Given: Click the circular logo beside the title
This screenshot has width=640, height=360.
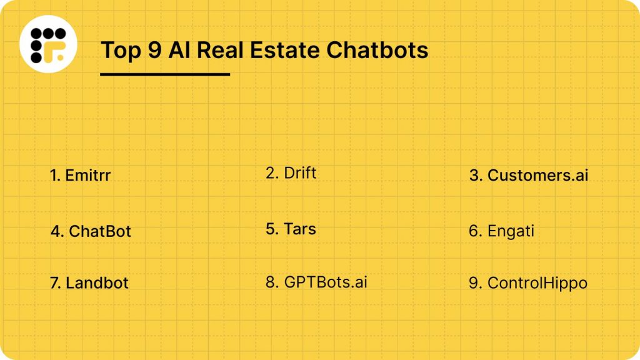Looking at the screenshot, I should click(48, 44).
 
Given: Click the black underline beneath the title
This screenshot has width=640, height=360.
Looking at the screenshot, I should click(165, 74).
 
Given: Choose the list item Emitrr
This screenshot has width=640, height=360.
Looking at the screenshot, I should click(81, 176).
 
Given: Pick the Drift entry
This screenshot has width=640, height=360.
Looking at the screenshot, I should click(291, 173).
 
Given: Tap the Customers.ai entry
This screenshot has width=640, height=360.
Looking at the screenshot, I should click(529, 176).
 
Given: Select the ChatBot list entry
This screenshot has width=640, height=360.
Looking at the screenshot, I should click(91, 231).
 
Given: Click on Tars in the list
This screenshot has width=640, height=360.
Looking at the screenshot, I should click(291, 229).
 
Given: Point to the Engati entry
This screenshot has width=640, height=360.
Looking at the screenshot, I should click(502, 231).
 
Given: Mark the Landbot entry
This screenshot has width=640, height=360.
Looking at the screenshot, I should click(89, 282).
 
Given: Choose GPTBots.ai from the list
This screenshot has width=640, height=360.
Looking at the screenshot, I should click(317, 282).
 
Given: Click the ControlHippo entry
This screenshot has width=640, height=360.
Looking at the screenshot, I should click(528, 283).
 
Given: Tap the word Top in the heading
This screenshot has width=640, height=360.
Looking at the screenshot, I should click(121, 50).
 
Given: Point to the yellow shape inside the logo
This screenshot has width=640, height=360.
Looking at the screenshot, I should click(58, 53).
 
